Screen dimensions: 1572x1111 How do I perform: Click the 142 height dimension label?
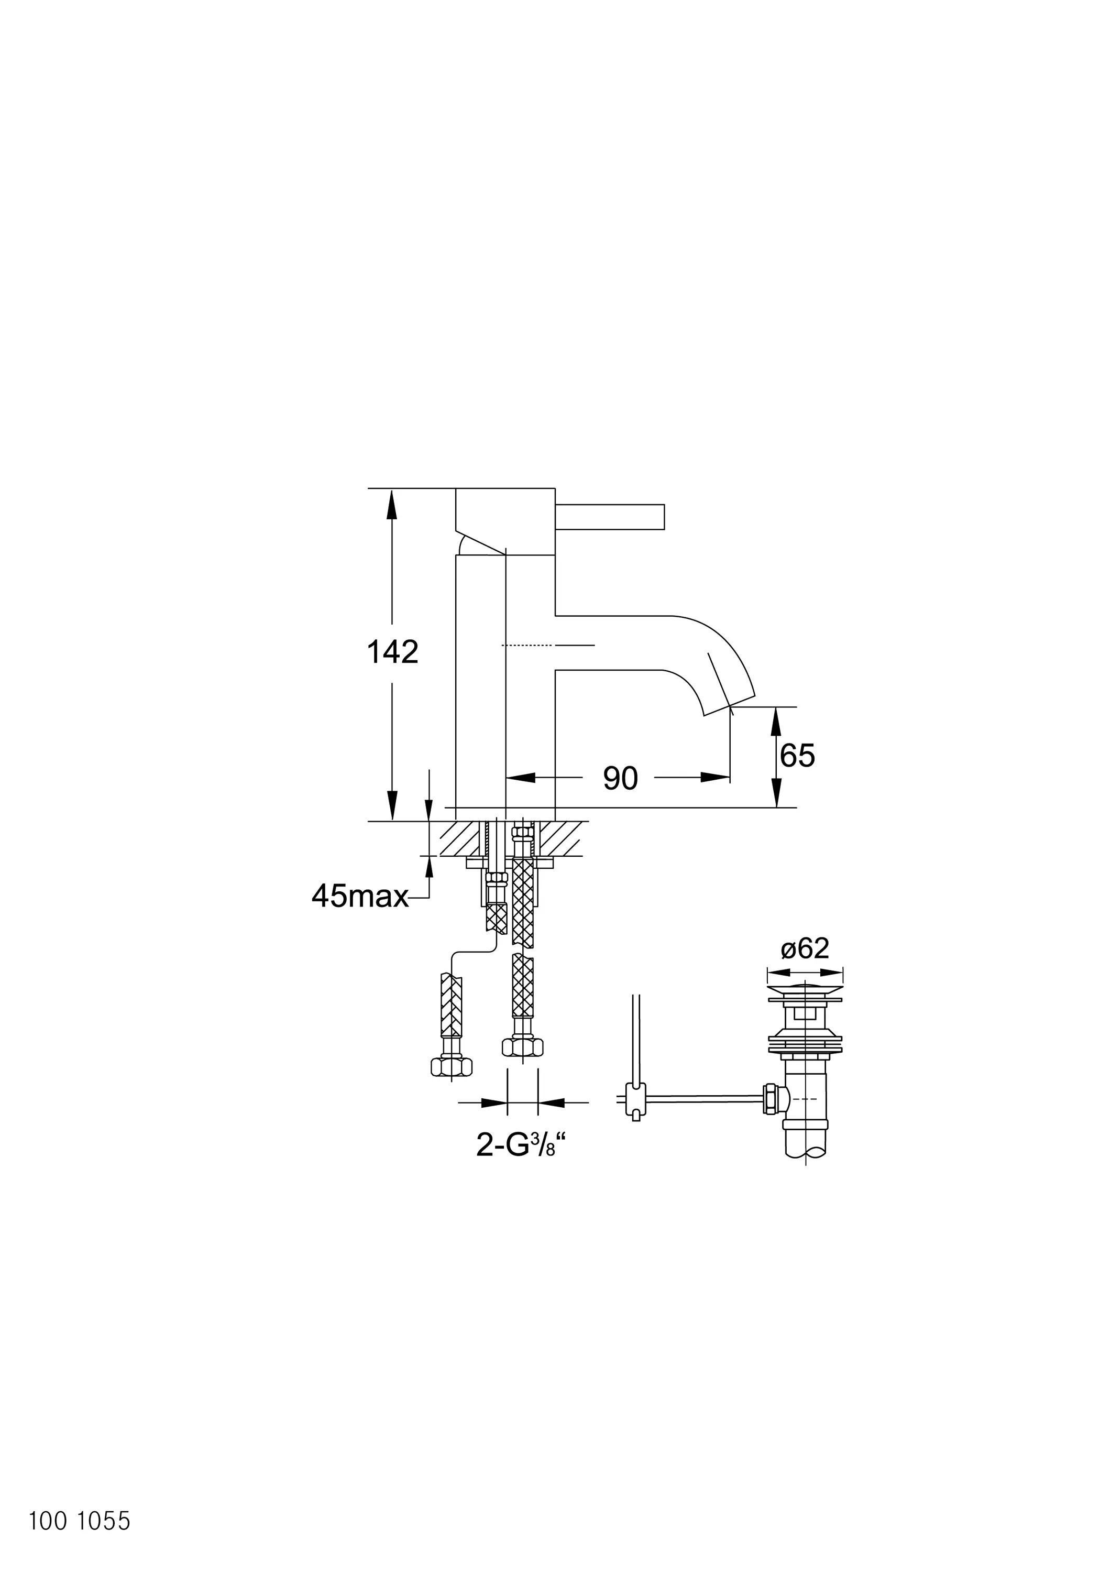point(392,652)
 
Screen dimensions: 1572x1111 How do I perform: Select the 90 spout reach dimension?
point(620,779)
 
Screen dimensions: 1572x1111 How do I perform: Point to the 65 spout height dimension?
point(797,756)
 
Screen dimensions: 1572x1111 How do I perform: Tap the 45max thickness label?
point(360,896)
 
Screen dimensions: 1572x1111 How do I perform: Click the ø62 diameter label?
point(805,948)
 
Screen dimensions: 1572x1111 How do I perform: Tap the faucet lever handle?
point(609,517)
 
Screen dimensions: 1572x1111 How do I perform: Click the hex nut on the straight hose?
point(522,1047)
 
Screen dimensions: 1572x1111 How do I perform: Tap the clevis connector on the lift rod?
point(636,1098)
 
